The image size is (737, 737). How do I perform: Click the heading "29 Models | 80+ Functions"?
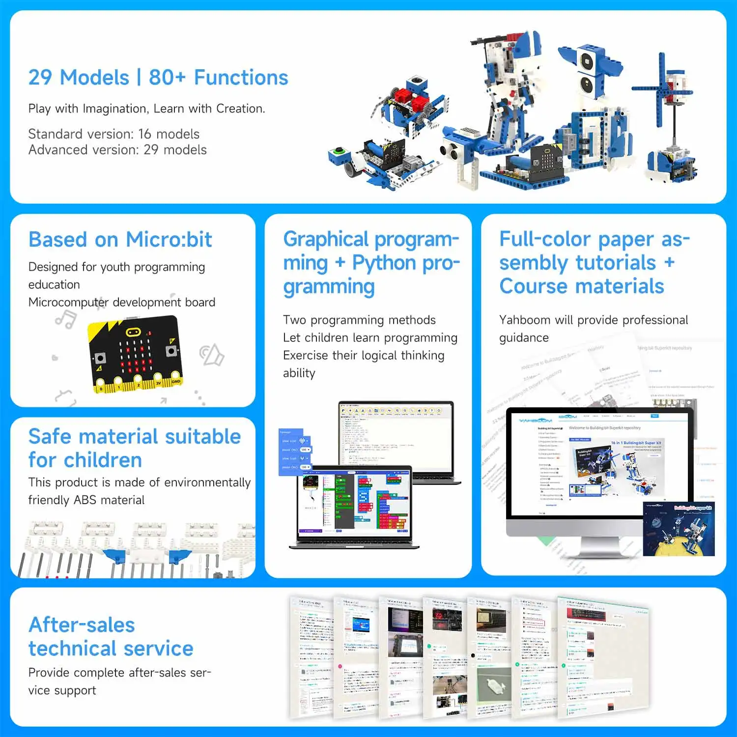[158, 78]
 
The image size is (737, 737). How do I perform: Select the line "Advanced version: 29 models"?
[117, 150]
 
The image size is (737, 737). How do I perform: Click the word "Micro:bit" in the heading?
[169, 240]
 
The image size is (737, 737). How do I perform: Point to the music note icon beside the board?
[66, 319]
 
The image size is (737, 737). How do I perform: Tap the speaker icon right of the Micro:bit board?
[212, 355]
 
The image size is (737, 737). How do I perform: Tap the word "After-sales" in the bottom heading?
[82, 625]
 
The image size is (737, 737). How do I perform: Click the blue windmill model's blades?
[661, 88]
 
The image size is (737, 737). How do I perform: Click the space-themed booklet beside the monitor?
[679, 528]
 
